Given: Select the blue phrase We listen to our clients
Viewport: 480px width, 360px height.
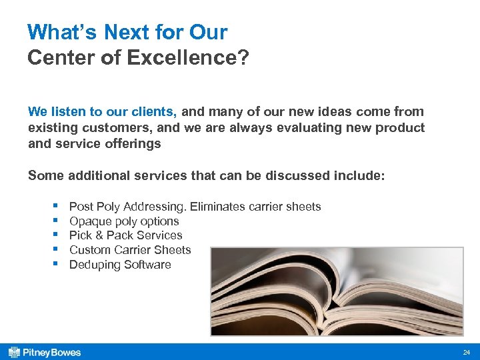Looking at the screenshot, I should (x=102, y=112).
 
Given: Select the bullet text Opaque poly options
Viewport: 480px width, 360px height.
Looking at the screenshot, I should (x=124, y=221).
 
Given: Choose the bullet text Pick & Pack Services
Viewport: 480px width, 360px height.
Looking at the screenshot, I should (x=125, y=235).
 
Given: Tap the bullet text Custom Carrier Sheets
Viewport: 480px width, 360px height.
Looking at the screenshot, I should (x=130, y=250).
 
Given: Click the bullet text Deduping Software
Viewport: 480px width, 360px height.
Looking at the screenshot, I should (x=120, y=265).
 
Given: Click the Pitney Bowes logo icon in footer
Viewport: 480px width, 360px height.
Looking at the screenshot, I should (x=13, y=352).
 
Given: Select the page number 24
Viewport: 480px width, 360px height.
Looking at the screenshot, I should (x=466, y=352).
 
